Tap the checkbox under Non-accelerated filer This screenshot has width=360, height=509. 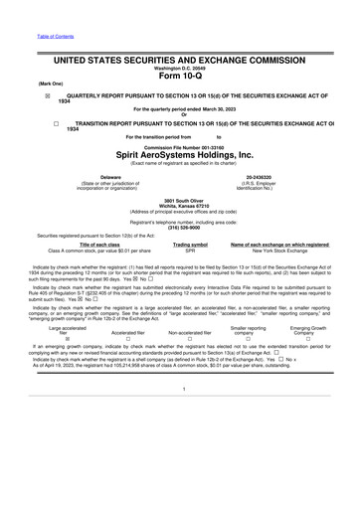click(x=190, y=365)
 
